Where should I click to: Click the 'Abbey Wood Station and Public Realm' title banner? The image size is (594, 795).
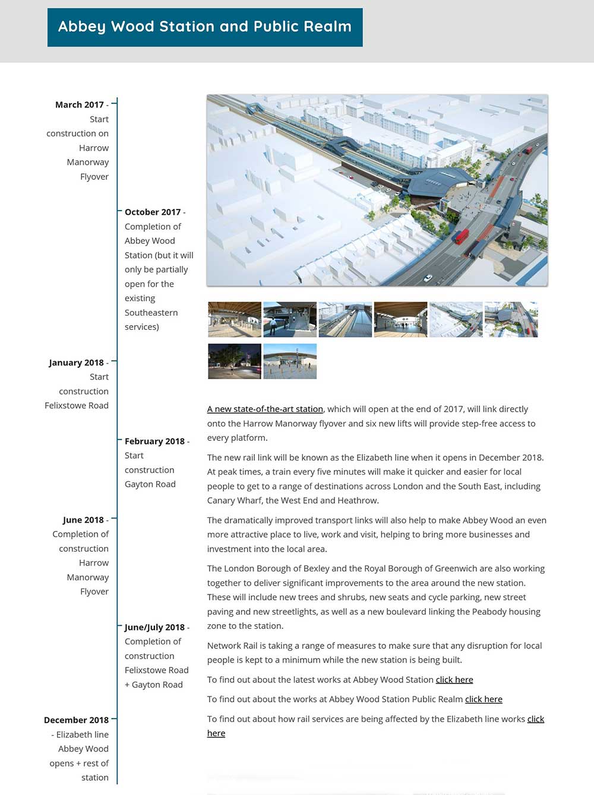[x=205, y=27]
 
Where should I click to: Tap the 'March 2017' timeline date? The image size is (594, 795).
[x=80, y=105]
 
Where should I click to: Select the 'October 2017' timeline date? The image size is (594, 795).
[x=153, y=212]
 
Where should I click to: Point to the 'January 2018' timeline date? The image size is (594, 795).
[x=76, y=362]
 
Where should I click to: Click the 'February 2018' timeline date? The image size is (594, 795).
[x=154, y=441]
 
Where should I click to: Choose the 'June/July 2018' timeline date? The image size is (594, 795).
[x=154, y=628]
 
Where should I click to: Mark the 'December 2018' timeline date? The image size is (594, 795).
[x=76, y=720]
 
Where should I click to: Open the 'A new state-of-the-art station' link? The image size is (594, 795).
[x=265, y=409]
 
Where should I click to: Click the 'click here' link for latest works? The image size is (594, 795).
[x=454, y=680]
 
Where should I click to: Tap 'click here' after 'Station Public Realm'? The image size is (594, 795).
[x=484, y=699]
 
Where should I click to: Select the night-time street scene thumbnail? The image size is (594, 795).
[x=235, y=361]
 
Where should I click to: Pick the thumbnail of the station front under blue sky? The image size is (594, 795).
[x=290, y=361]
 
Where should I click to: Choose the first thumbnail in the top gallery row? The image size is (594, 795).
[x=235, y=319]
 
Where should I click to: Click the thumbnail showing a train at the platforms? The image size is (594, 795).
[x=345, y=319]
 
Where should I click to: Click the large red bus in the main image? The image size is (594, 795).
[x=462, y=236]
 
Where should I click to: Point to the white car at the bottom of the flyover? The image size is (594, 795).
[x=428, y=278]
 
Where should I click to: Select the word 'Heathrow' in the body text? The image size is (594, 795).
[x=358, y=501]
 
